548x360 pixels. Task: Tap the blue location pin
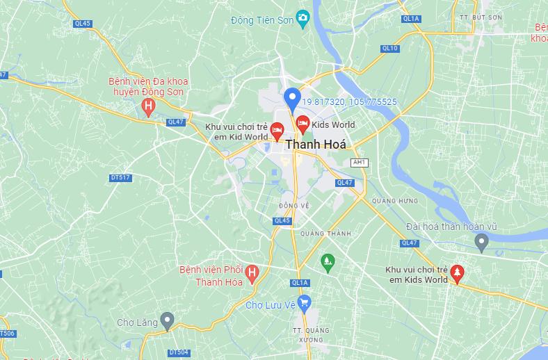pos(293,99)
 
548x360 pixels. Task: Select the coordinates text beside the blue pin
pos(349,102)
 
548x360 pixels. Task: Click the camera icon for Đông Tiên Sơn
pos(303,18)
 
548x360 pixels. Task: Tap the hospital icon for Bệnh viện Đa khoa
pos(148,106)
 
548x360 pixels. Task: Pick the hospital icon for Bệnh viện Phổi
pos(252,272)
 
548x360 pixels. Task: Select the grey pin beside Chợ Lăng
pos(166,321)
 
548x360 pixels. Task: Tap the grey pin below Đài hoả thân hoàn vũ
pos(481,242)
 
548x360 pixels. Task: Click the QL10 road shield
pos(390,48)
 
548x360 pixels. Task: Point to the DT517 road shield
pos(120,178)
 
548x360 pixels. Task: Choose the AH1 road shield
pos(359,162)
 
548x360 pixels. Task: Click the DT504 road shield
pos(179,352)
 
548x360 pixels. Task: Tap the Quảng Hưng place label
pos(394,201)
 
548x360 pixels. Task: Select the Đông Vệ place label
pos(293,206)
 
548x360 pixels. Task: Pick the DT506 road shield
pos(6,334)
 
